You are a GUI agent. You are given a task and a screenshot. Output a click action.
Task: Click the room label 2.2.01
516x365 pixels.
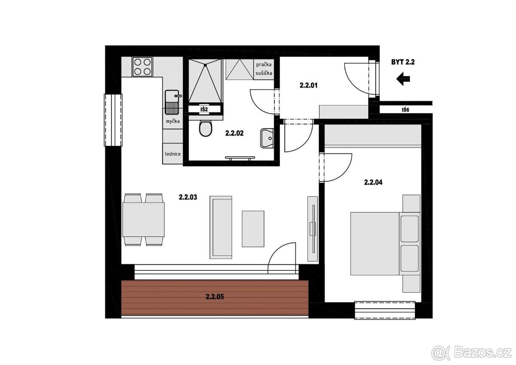pyautogui.click(x=308, y=86)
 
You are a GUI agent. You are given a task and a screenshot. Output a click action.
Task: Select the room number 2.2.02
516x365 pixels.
pyautogui.click(x=234, y=133)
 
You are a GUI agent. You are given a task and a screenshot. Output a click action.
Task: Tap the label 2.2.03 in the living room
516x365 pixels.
pyautogui.click(x=188, y=198)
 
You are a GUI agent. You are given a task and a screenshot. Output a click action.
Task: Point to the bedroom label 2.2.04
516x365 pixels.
pyautogui.click(x=373, y=182)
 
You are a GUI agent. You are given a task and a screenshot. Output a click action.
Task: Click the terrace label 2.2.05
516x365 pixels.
pyautogui.click(x=215, y=297)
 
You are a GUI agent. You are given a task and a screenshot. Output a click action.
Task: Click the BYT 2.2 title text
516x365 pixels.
pyautogui.click(x=403, y=62)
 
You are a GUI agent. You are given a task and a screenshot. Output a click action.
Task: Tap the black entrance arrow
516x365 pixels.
pyautogui.click(x=403, y=79)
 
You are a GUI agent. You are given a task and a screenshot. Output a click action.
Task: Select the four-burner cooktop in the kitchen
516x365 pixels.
pyautogui.click(x=142, y=67)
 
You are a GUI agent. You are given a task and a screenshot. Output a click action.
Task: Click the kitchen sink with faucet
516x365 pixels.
pyautogui.click(x=173, y=102)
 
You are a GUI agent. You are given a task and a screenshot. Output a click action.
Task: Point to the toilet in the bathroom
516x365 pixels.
pyautogui.click(x=206, y=128)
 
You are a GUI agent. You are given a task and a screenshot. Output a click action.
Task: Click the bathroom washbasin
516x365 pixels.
pyautogui.click(x=267, y=138)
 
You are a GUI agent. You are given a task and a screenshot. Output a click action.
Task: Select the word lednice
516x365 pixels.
pyautogui.click(x=173, y=154)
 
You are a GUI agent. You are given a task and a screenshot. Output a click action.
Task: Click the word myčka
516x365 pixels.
pyautogui.click(x=173, y=121)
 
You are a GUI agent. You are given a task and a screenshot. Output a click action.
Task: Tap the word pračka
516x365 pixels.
pyautogui.click(x=264, y=65)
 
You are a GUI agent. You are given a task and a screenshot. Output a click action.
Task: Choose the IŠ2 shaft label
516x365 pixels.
pyautogui.click(x=204, y=109)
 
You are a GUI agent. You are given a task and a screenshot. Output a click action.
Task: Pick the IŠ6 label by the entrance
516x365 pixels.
pyautogui.click(x=405, y=110)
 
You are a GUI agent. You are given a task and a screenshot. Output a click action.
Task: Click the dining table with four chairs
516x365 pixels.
pyautogui.click(x=144, y=220)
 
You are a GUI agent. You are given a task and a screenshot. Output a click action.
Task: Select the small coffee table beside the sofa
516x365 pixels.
pyautogui.click(x=253, y=229)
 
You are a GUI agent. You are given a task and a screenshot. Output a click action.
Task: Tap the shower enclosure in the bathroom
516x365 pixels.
pyautogui.click(x=205, y=80)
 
